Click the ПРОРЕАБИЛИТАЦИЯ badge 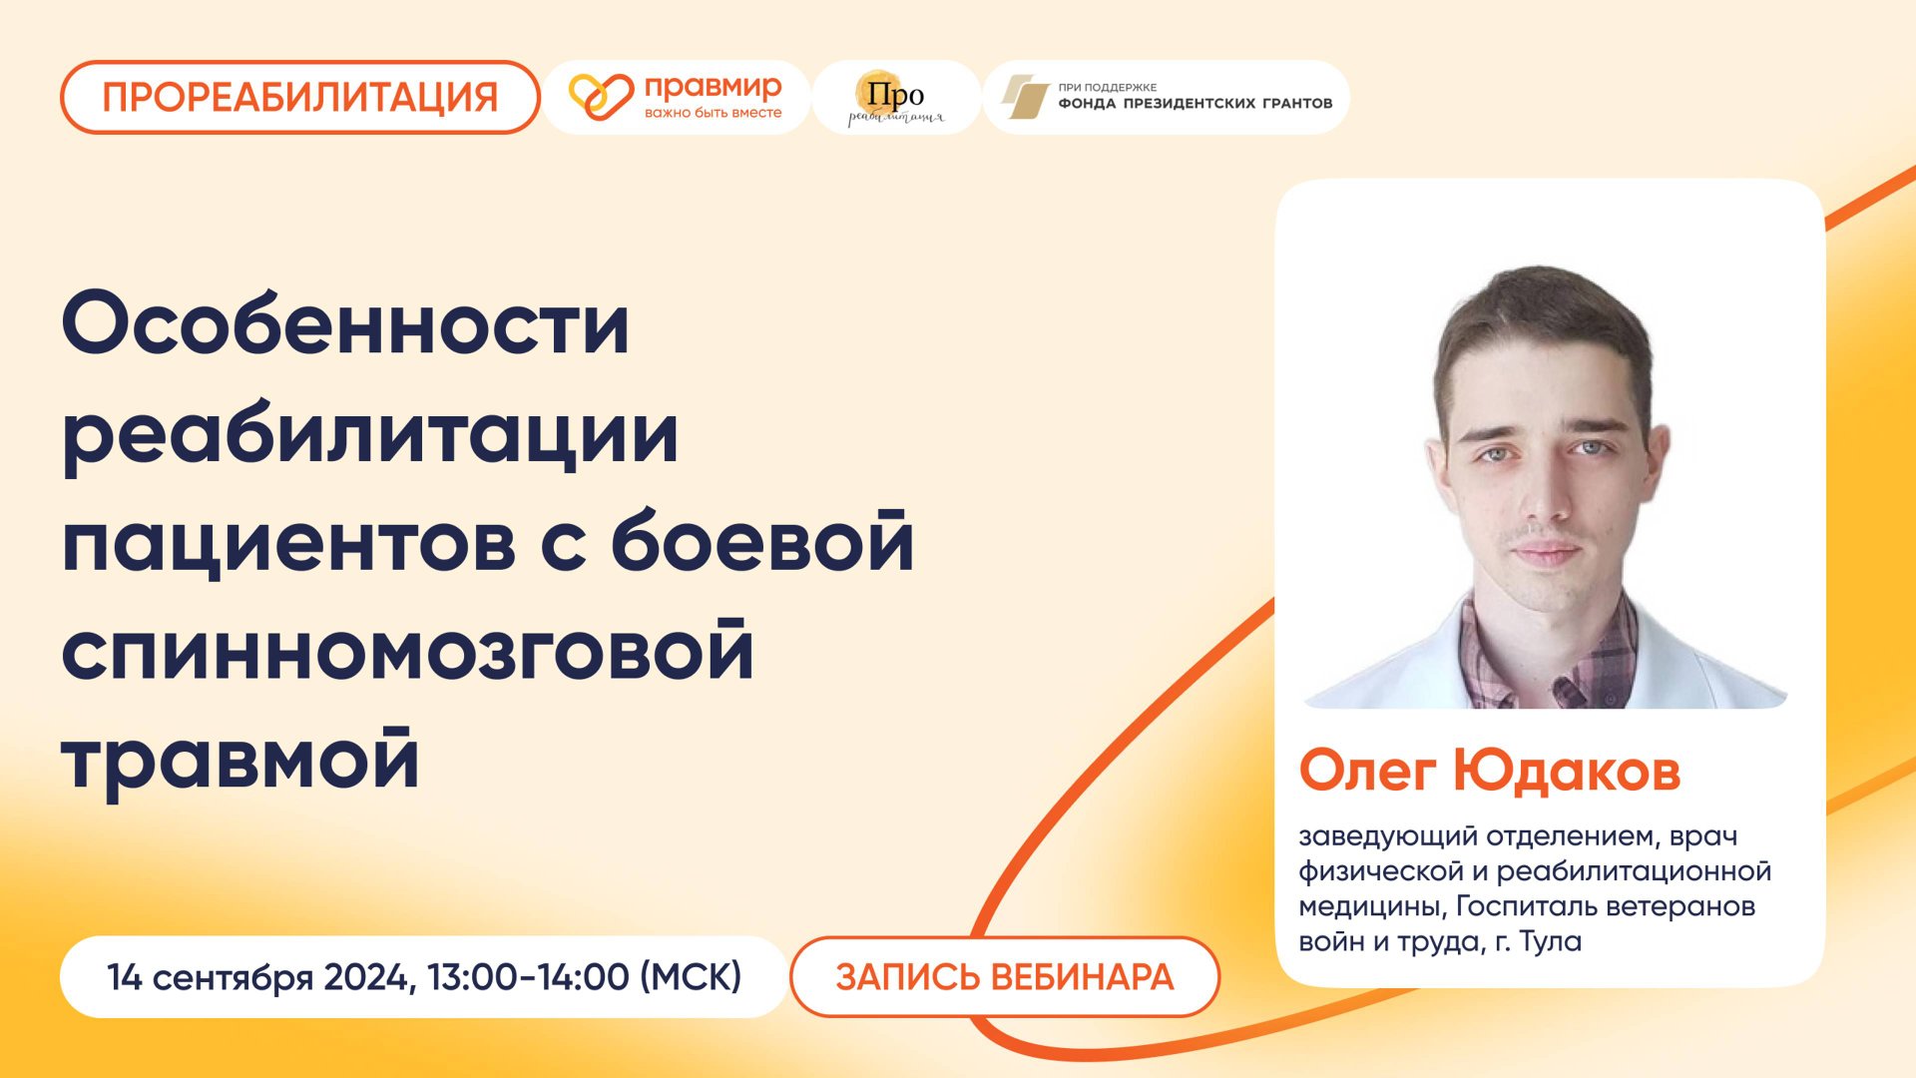(299, 98)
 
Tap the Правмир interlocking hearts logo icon (601, 97)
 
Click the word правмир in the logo (713, 87)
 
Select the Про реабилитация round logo (895, 98)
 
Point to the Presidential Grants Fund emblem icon (1024, 97)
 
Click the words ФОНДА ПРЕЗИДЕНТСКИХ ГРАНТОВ (1195, 104)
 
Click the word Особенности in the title (345, 324)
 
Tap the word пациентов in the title (288, 544)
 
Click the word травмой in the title (240, 762)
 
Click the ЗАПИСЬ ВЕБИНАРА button (1005, 977)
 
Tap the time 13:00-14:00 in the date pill (529, 977)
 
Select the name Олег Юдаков (1490, 772)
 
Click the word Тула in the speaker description (1551, 941)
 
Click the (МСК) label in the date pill (691, 977)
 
